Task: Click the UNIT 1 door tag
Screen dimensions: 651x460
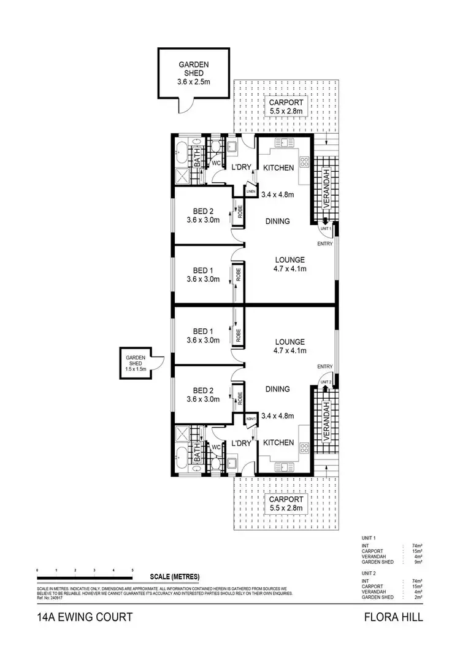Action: [x=325, y=228]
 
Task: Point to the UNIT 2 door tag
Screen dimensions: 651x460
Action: [x=325, y=382]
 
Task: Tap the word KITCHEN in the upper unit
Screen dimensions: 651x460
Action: [x=278, y=168]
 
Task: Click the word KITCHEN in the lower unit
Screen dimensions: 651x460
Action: [x=278, y=442]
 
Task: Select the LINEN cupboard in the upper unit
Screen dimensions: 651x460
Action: [x=250, y=192]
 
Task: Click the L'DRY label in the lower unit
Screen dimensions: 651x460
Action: [x=240, y=442]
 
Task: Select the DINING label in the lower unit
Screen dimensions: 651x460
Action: [x=277, y=389]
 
